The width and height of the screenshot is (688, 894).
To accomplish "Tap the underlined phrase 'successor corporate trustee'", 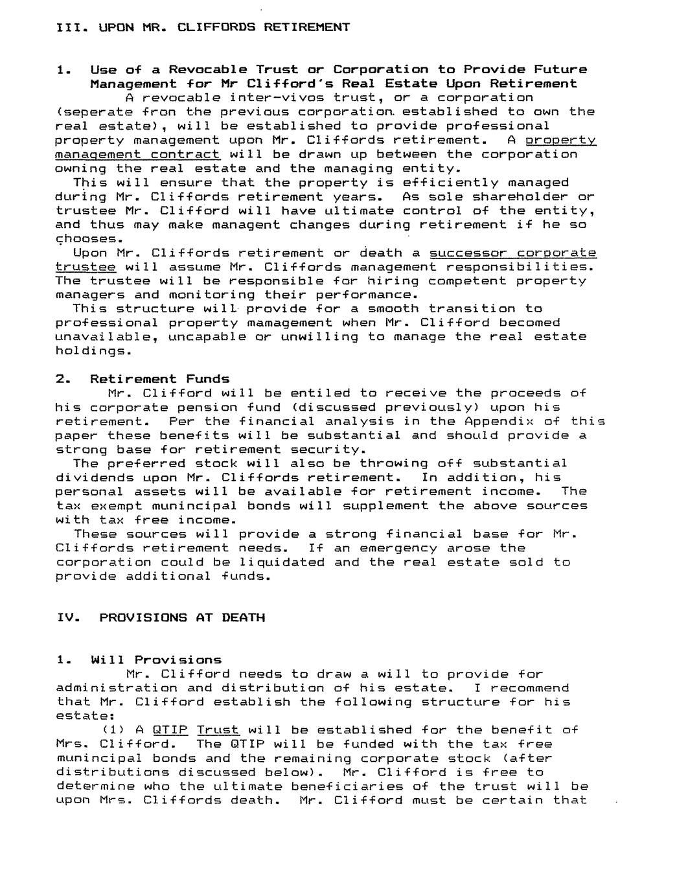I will (x=512, y=253).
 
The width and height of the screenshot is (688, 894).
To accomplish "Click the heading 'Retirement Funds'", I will (x=159, y=379).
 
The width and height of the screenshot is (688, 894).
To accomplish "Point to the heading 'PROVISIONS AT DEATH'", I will (x=182, y=617).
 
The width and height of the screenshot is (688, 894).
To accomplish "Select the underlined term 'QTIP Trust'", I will (x=195, y=730).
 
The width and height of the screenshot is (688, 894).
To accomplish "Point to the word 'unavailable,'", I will (x=106, y=337).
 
